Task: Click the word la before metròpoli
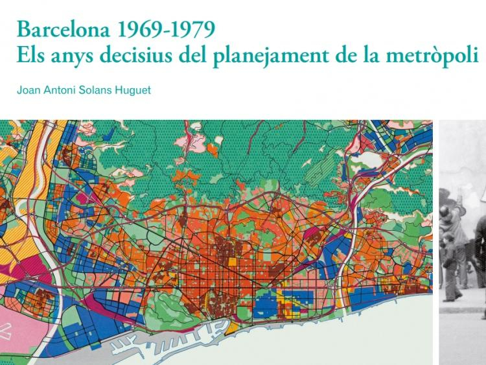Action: tap(375, 57)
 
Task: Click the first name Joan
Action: tap(29, 90)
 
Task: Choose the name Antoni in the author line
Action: tap(62, 90)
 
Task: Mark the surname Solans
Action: tap(98, 90)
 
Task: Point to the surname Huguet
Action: tap(135, 90)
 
